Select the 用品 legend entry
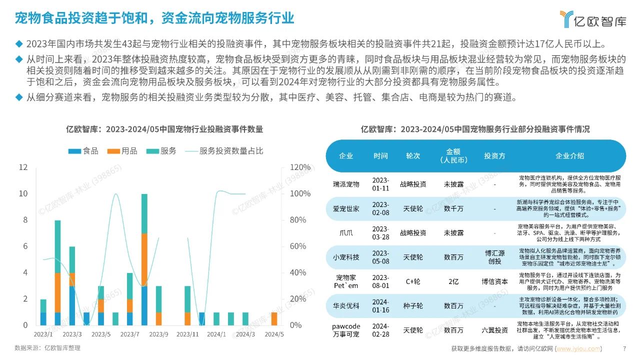[122, 151]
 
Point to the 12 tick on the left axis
[23, 167]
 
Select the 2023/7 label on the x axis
[130, 334]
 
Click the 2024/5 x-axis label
[274, 334]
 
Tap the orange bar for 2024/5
[274, 318]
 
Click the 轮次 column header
[413, 155]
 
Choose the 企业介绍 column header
[569, 155]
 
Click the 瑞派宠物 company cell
[346, 184]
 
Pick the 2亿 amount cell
[453, 281]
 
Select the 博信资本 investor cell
[494, 281]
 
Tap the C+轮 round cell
[413, 281]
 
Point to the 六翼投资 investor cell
[494, 330]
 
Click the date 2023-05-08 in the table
[380, 257]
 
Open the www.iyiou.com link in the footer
[579, 348]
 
